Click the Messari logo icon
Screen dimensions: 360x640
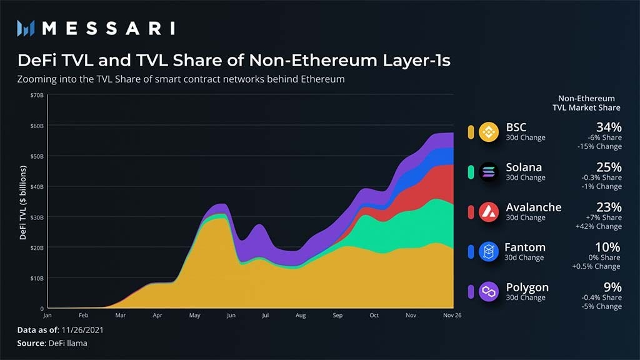(26, 27)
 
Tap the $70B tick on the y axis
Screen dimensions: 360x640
(36, 95)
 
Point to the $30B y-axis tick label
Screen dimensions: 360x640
(36, 217)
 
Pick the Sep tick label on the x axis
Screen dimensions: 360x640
(338, 316)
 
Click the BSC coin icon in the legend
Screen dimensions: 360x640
(489, 132)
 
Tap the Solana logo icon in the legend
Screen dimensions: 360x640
(489, 172)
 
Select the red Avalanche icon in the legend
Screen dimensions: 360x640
(489, 212)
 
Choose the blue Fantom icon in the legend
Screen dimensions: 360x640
(488, 251)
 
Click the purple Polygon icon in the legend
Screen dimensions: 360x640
(489, 291)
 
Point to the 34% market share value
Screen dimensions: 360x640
(608, 127)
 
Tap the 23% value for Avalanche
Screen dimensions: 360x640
(608, 207)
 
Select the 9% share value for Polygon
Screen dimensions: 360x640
(612, 287)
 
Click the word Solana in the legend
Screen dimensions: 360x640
(524, 167)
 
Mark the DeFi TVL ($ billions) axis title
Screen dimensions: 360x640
(24, 203)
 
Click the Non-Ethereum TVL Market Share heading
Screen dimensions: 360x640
(586, 103)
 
